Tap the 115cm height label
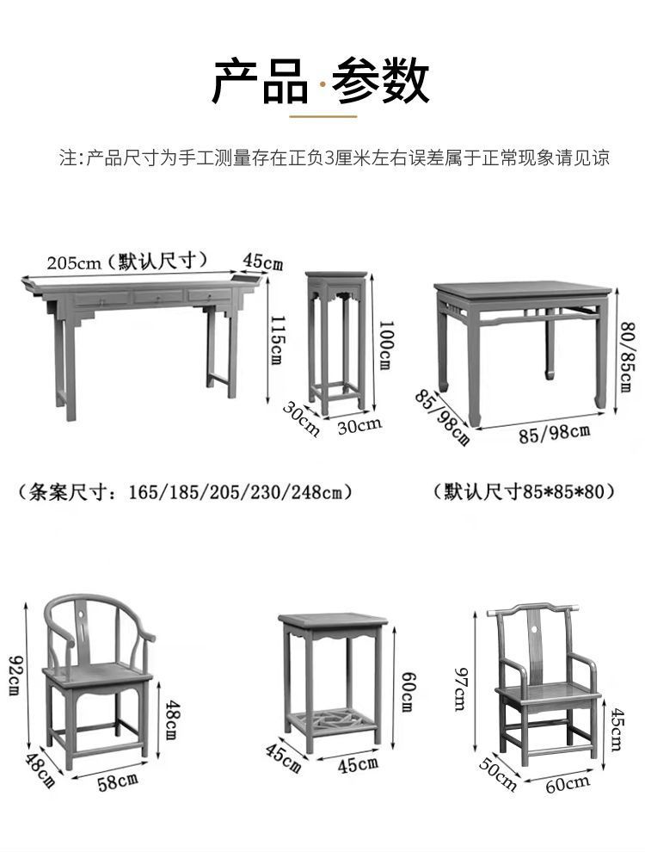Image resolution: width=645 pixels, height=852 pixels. pos(275,339)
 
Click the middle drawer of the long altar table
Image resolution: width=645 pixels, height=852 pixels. pos(157,297)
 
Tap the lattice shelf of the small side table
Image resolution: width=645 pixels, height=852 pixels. pos(335,719)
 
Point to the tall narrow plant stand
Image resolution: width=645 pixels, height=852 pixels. pos(336,340)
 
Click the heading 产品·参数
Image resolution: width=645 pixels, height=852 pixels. pos(321,81)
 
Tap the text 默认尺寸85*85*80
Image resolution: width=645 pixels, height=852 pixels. pos(525,492)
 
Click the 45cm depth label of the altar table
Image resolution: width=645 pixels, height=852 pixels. pos(262,262)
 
